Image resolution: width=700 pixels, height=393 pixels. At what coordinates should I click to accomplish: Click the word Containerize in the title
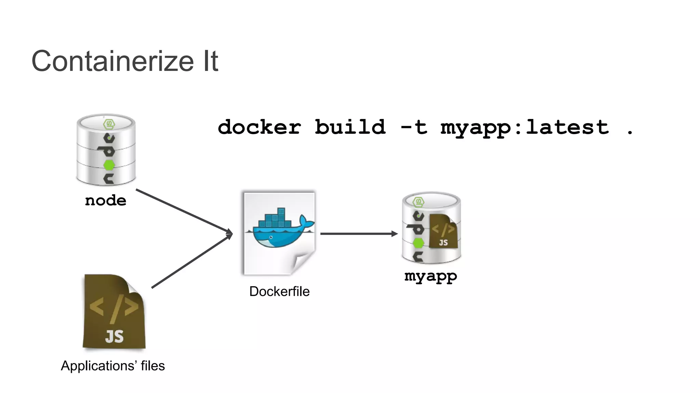(x=113, y=61)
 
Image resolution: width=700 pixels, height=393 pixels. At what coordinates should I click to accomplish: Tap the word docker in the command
(x=259, y=127)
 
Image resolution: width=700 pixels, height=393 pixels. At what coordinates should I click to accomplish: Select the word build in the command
(x=350, y=127)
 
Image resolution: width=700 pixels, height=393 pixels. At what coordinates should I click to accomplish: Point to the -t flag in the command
(x=414, y=127)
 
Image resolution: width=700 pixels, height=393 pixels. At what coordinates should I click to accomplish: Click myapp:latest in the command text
(x=525, y=128)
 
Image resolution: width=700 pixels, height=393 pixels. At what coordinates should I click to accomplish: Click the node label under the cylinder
(x=106, y=200)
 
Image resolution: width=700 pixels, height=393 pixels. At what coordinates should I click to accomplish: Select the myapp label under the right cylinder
(x=431, y=276)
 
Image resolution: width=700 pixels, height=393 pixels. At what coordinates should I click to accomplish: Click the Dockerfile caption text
(x=279, y=291)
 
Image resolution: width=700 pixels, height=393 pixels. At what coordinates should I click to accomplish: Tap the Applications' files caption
(x=113, y=366)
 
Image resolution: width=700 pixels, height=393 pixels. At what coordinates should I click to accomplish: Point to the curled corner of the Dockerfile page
(x=302, y=263)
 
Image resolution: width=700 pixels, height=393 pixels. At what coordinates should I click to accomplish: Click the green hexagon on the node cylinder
(x=109, y=165)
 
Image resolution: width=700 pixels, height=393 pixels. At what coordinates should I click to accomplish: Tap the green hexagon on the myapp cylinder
(x=418, y=243)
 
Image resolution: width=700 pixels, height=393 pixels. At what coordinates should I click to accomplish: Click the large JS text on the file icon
(x=114, y=336)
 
